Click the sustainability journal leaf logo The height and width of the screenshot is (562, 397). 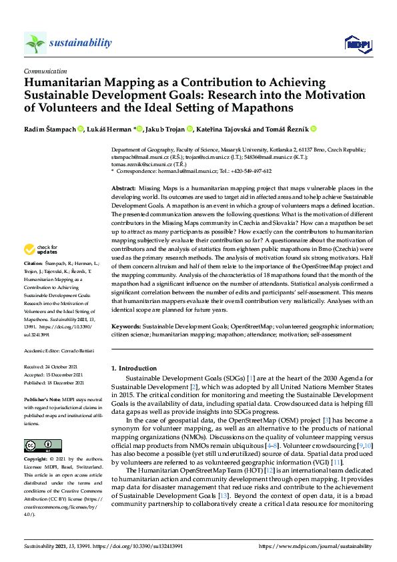[x=35, y=43]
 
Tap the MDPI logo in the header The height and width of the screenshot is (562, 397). [x=356, y=43]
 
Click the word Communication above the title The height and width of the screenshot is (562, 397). [x=45, y=70]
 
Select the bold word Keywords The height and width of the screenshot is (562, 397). [x=126, y=326]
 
